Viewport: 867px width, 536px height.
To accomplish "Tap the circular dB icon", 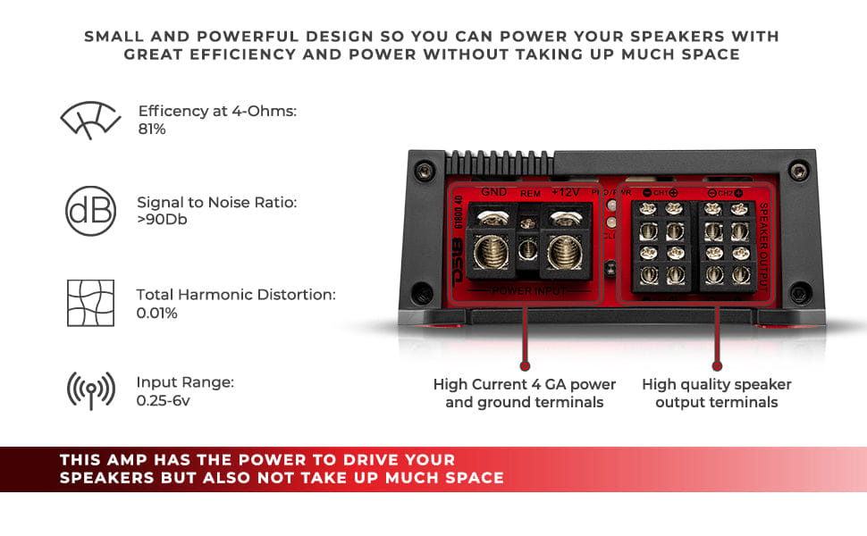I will coord(90,211).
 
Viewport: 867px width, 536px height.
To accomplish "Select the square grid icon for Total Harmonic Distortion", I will coord(90,303).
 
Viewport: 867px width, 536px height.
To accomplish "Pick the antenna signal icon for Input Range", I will coord(90,390).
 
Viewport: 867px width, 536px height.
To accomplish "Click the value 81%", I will coord(152,130).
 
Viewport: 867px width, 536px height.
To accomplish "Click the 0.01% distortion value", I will coord(156,313).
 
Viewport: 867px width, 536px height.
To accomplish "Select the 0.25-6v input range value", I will coord(163,401).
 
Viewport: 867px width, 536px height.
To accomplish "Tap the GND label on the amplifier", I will coord(493,191).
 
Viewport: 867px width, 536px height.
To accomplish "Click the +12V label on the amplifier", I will coord(566,191).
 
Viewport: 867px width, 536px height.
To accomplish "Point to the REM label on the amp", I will coord(530,192).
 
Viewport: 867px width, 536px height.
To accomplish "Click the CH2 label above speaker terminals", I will coord(725,193).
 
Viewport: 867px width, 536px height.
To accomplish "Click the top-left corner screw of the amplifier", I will coord(424,169).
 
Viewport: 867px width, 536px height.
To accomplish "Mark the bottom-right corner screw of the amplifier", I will coord(800,291).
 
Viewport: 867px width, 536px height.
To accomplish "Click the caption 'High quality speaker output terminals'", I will coord(716,393).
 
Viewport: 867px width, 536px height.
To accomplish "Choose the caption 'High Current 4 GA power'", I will coord(525,384).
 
